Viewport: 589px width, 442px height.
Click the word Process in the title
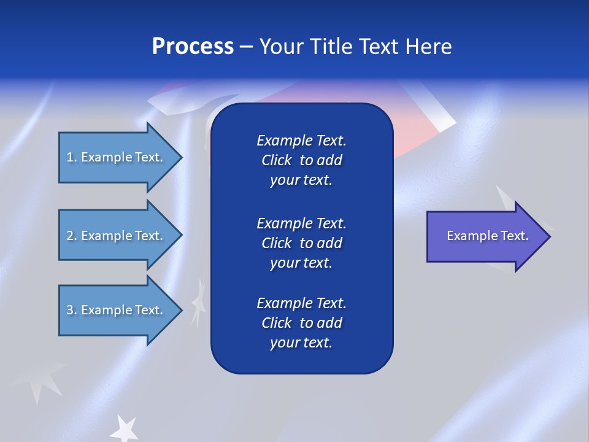(x=193, y=47)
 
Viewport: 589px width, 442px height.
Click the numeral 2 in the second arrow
(x=70, y=236)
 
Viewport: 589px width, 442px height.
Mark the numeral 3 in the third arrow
(x=70, y=310)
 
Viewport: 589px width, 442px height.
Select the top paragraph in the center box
(x=301, y=160)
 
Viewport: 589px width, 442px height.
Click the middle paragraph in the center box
(x=301, y=242)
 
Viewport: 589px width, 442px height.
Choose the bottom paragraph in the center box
(x=301, y=323)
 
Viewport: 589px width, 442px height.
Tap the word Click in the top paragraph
(x=276, y=160)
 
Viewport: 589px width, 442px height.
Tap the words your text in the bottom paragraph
(x=301, y=343)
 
